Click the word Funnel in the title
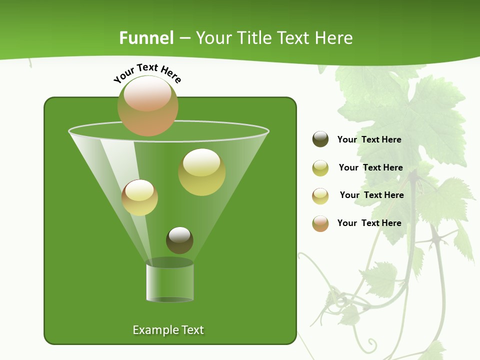click(146, 38)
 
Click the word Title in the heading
click(254, 38)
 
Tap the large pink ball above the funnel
click(148, 105)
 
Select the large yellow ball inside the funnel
click(201, 172)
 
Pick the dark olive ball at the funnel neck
click(179, 240)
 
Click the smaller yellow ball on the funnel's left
click(139, 197)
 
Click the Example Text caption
click(168, 330)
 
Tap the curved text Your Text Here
click(147, 72)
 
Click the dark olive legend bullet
click(320, 139)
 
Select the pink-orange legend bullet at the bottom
click(320, 223)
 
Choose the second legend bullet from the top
click(320, 168)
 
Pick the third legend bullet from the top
click(320, 196)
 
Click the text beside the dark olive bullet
click(369, 139)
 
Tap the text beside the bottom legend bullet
click(369, 223)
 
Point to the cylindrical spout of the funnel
click(170, 282)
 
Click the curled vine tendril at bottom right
click(370, 343)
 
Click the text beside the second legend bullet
click(370, 167)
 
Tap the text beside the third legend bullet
click(371, 195)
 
